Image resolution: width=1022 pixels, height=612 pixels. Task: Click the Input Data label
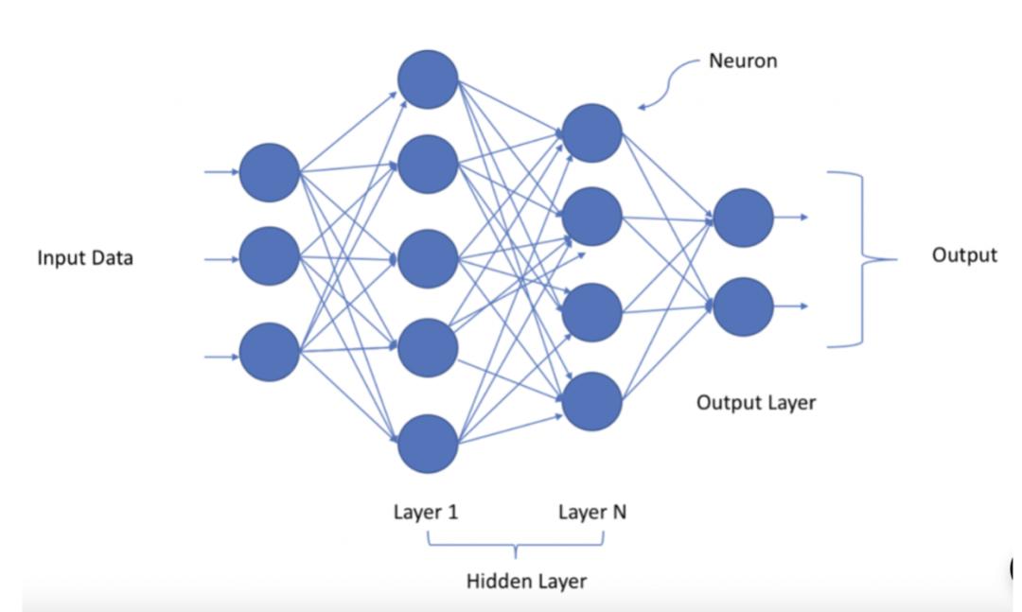tap(85, 257)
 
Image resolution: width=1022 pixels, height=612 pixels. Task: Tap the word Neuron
tap(743, 61)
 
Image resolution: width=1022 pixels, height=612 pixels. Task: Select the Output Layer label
tap(756, 402)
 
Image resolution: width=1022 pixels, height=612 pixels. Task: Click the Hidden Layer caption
tap(526, 581)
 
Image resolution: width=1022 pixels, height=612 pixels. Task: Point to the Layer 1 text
tap(426, 513)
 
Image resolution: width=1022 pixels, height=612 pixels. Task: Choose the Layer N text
tap(592, 513)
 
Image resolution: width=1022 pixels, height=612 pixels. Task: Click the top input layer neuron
tap(270, 172)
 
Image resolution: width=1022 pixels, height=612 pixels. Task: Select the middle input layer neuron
tap(270, 256)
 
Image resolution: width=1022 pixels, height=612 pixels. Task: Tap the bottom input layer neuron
tap(270, 352)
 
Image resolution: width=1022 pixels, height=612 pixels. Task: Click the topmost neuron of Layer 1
tap(428, 79)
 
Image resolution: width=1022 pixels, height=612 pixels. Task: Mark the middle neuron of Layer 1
tap(428, 258)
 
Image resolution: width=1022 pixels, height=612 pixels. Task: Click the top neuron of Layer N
tap(592, 133)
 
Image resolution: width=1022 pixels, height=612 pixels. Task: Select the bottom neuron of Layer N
tap(592, 402)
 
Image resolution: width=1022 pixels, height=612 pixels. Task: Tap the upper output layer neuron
tap(743, 218)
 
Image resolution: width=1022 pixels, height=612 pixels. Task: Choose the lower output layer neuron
tap(743, 306)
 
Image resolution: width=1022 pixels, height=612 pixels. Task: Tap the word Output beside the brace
tap(964, 255)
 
